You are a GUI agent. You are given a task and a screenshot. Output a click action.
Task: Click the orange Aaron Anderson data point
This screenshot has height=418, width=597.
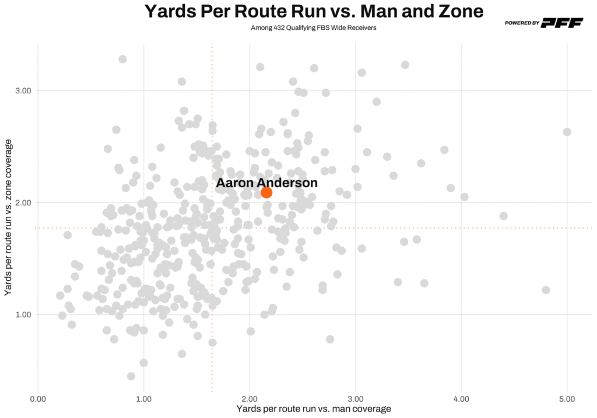[x=266, y=192]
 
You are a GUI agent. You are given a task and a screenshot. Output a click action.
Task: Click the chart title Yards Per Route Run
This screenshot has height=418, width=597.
[x=314, y=12]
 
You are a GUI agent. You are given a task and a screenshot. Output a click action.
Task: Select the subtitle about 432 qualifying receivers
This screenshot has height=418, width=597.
[x=313, y=27]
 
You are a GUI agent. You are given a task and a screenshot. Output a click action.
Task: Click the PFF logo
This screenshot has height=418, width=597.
[x=562, y=23]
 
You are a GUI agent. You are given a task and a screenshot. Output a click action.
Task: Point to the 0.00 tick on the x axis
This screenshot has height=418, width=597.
[x=38, y=399]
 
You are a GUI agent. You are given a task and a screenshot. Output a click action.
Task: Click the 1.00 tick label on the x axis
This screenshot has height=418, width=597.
[x=144, y=399]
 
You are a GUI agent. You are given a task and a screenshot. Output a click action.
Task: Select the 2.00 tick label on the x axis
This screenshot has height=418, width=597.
[x=250, y=399]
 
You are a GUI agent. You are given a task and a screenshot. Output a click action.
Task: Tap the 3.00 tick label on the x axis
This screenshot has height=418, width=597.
[x=356, y=399]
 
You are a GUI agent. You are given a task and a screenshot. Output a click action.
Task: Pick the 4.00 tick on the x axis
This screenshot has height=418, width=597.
[x=461, y=399]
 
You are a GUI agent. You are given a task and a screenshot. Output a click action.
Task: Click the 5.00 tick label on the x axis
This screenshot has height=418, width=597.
[x=567, y=399]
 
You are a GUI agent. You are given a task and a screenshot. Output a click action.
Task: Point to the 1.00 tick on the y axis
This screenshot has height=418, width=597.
[x=22, y=314]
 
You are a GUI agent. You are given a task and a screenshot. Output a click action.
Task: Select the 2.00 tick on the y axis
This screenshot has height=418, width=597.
[x=22, y=202]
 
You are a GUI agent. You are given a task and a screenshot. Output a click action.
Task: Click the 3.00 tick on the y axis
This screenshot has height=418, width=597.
[x=22, y=90]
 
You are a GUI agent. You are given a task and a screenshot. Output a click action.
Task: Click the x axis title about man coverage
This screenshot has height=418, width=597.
[x=314, y=409]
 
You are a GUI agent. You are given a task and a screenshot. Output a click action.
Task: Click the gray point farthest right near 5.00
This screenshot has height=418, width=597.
[x=567, y=132]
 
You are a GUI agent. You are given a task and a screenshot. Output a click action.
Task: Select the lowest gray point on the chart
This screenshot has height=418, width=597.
[x=131, y=376]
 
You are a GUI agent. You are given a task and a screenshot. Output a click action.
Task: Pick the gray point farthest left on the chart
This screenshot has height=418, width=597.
[x=60, y=296]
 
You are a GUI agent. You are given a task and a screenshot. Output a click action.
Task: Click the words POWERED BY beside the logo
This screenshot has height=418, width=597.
[x=522, y=23]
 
